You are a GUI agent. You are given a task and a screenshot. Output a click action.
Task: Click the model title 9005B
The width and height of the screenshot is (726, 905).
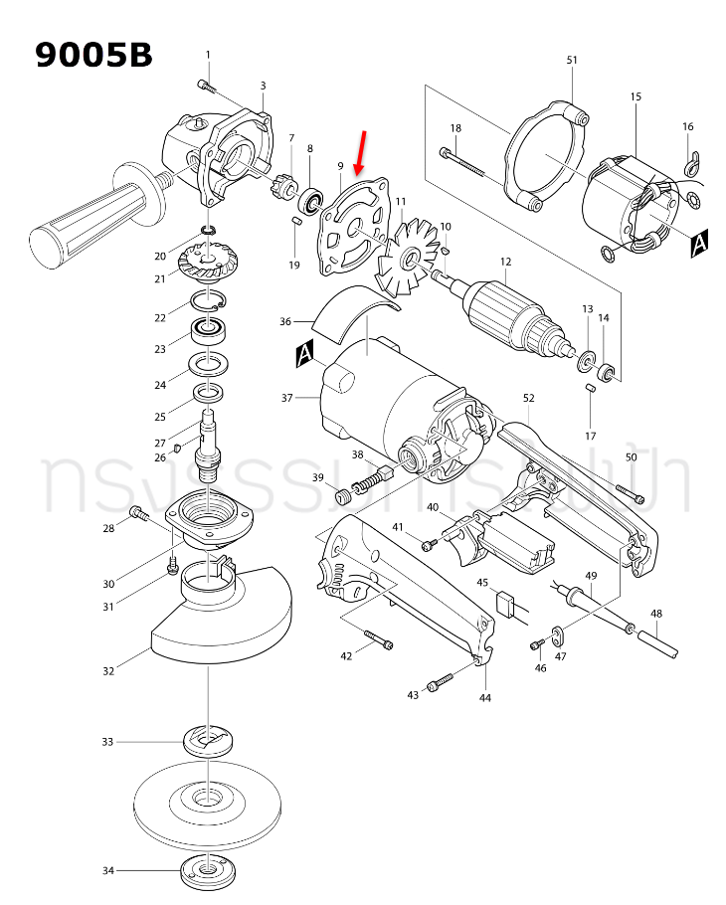point(94,54)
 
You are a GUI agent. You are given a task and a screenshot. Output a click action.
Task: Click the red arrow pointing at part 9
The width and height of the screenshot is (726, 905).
point(361,151)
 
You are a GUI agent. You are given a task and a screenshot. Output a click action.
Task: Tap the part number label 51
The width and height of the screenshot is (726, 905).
point(572,61)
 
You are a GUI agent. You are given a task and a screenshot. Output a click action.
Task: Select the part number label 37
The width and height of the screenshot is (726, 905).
point(286,398)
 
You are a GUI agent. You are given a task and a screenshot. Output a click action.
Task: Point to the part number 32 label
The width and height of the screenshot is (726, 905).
point(108,671)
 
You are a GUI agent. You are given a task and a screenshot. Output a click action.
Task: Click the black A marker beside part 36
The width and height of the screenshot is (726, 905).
point(304,351)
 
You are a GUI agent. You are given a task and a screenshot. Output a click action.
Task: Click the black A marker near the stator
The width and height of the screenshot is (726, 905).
point(699,244)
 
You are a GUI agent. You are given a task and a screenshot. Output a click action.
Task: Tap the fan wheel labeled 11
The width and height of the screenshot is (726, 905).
point(406,257)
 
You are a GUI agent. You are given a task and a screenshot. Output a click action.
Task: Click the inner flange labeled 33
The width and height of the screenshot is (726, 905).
point(208,741)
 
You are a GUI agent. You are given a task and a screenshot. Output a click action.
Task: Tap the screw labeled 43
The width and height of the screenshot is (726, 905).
point(442,682)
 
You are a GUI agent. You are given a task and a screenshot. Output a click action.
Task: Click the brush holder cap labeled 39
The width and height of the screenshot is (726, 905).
point(343,493)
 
